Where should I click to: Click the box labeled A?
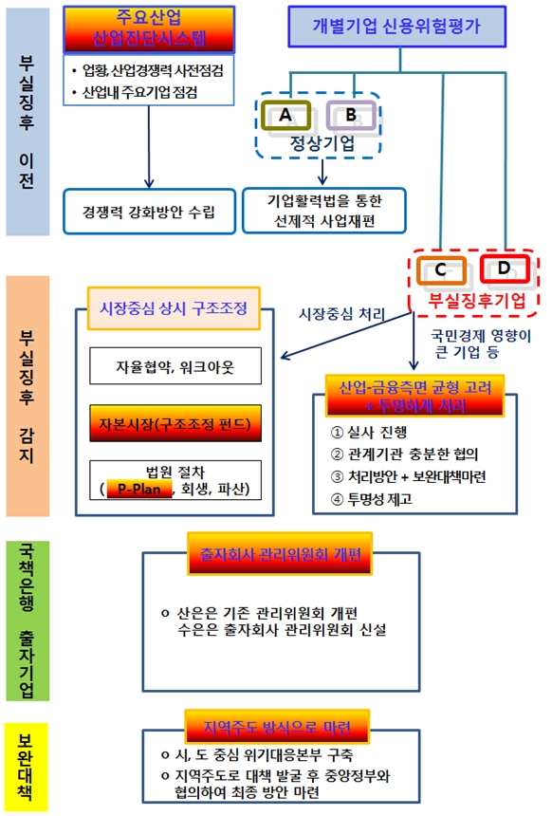click(284, 115)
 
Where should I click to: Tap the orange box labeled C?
click(441, 270)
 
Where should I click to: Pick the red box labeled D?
click(504, 269)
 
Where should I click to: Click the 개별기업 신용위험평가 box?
click(409, 27)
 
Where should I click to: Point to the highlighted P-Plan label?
click(138, 490)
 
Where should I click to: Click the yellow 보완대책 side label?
click(27, 764)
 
